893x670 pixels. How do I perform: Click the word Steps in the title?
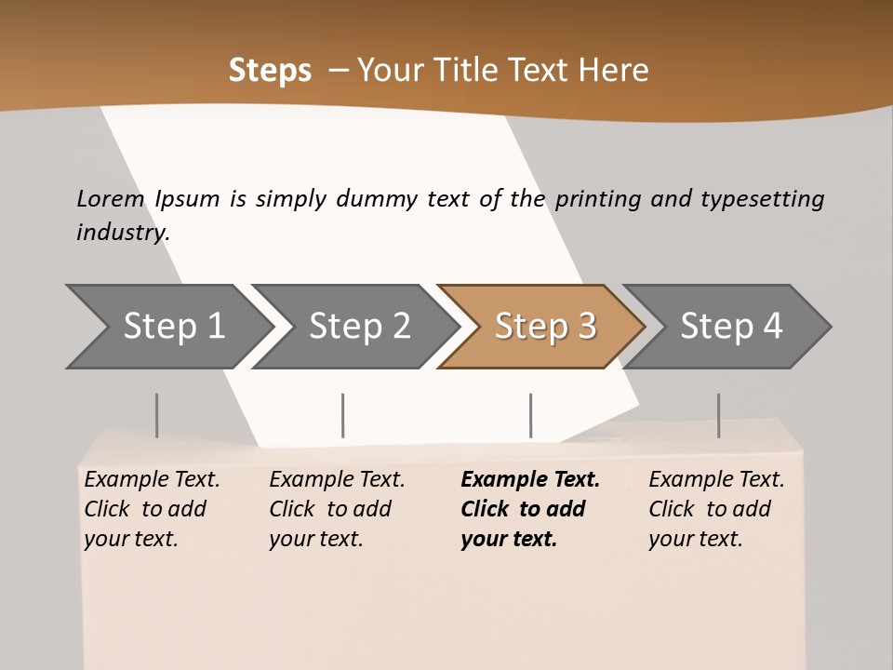tap(270, 71)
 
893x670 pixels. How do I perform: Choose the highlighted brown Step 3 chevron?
tap(545, 327)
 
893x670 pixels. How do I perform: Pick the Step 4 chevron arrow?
tap(731, 327)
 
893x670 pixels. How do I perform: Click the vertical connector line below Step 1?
tap(157, 415)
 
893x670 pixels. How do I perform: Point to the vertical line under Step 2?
tap(343, 415)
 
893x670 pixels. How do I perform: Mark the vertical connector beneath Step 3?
tap(530, 415)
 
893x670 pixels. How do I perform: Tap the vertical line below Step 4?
tap(718, 415)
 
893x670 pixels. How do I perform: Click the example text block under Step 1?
tap(152, 509)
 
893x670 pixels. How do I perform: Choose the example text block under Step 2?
tap(337, 509)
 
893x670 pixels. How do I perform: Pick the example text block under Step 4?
tap(716, 509)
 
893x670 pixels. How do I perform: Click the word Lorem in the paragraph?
tap(111, 198)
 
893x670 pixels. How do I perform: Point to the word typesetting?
tap(762, 198)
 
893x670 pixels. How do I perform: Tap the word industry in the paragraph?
tap(123, 233)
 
